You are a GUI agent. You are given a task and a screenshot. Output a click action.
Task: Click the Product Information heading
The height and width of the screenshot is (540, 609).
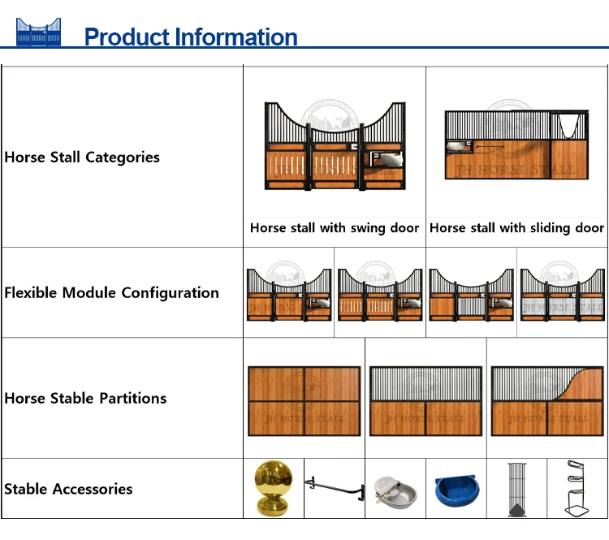point(191,37)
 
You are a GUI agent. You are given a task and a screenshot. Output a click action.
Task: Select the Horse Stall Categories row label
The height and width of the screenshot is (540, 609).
point(82,157)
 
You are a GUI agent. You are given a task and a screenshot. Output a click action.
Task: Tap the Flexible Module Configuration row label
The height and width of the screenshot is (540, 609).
point(111,292)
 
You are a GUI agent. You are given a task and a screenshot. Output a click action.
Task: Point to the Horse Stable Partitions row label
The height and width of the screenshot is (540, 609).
point(85,398)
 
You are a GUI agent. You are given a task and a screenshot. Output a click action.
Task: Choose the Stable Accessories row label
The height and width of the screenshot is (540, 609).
point(68,489)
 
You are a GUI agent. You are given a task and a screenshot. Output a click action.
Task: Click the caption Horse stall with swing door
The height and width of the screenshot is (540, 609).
point(335,228)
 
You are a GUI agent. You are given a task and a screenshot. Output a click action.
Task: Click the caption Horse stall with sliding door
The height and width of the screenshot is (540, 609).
point(516,228)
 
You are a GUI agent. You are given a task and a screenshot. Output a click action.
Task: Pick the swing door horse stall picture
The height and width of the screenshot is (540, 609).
point(335,146)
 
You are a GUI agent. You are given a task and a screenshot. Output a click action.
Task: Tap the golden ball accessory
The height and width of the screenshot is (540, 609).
point(274,487)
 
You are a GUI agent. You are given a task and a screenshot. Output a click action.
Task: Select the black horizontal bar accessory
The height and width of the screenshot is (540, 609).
point(334,487)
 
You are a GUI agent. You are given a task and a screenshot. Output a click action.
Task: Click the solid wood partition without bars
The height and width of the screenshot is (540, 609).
point(304,400)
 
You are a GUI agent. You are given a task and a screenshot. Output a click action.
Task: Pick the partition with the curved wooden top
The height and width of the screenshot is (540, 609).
point(547,400)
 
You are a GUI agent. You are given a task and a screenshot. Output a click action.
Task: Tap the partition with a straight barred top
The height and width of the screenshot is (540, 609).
point(425,400)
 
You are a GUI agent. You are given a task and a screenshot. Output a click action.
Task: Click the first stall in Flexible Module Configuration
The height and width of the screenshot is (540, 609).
point(289,293)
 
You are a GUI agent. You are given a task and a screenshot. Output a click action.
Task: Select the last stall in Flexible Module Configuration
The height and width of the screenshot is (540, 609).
point(562,293)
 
